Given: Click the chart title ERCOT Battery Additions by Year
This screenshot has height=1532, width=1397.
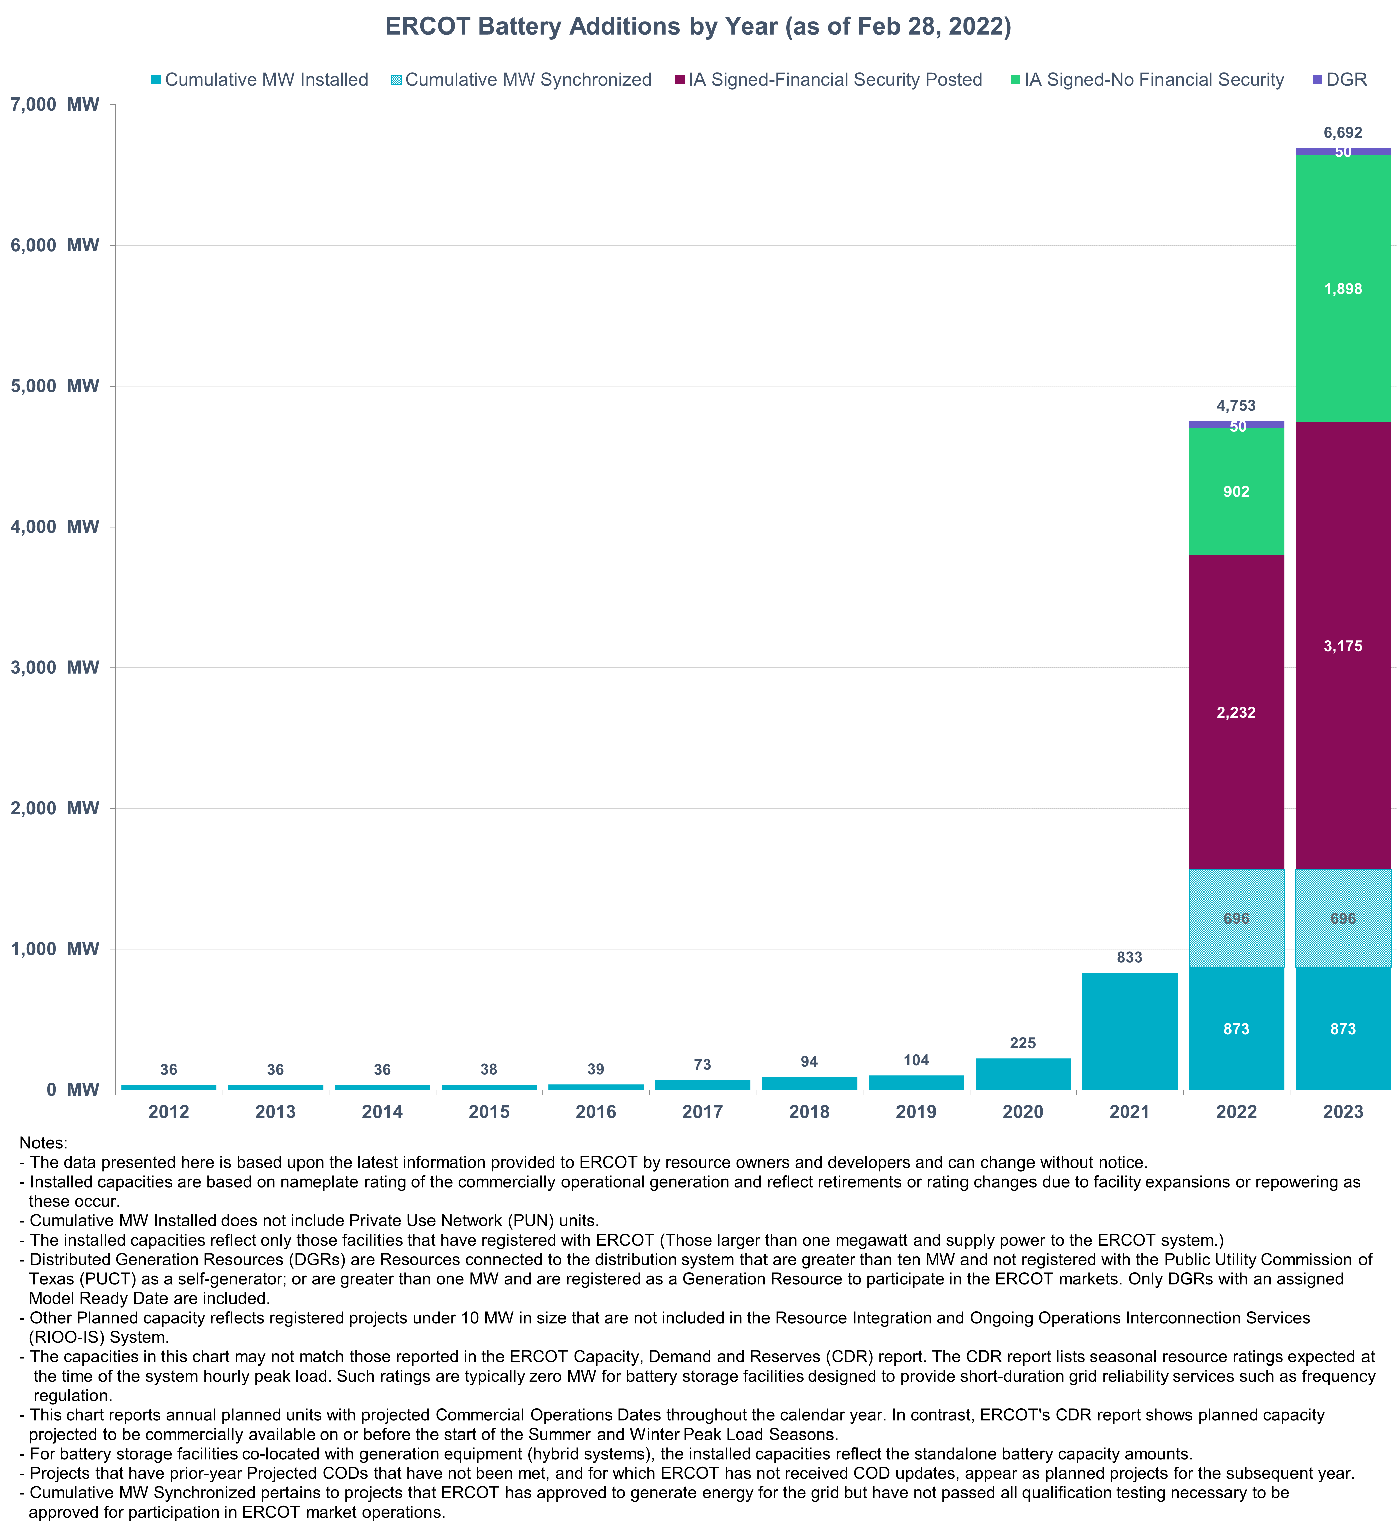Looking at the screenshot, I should point(698,26).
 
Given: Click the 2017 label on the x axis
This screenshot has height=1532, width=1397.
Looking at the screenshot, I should point(702,1112).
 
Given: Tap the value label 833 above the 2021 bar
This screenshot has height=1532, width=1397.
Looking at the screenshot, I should point(1129,957).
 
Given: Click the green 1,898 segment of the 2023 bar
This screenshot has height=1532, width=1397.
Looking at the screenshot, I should point(1343,289).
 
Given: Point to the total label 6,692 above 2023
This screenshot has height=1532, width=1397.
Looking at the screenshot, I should point(1343,133).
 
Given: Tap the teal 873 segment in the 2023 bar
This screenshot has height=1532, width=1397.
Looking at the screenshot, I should point(1343,1029).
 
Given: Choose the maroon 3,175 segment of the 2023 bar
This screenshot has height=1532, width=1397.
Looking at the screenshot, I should point(1343,646).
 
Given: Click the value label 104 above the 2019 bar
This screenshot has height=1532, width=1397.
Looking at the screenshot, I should point(916,1060).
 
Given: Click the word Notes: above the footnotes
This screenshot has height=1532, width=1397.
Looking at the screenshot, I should point(43,1143).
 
